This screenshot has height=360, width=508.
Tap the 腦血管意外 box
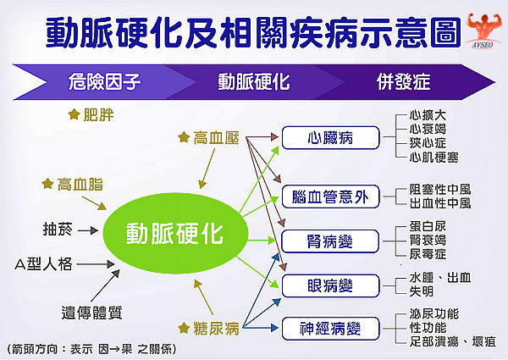pyautogui.click(x=330, y=197)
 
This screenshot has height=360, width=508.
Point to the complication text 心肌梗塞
pyautogui.click(x=433, y=156)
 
